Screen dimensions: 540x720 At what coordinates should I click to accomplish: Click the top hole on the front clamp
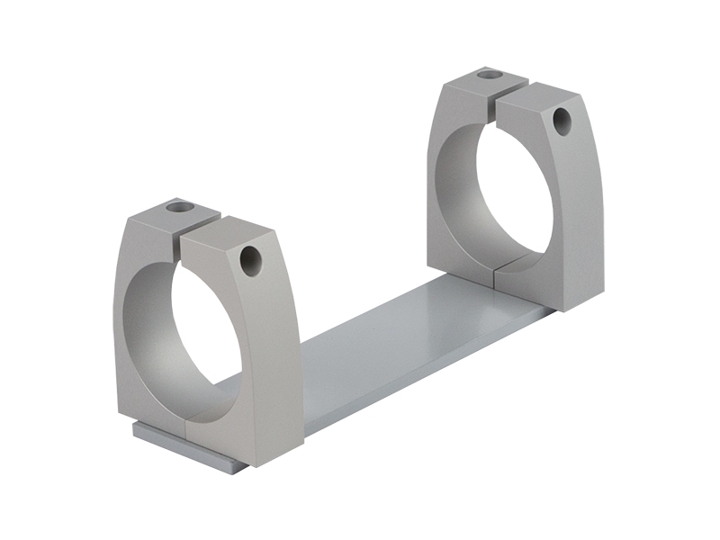click(180, 207)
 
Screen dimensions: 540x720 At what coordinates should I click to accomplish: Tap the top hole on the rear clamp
click(489, 74)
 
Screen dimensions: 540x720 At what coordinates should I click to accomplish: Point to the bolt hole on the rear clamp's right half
click(562, 121)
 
